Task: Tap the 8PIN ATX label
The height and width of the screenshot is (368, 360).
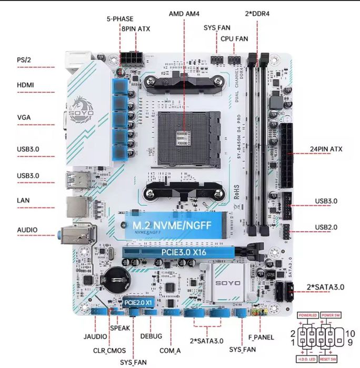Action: (135, 29)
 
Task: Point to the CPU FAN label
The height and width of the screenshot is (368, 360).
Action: (234, 38)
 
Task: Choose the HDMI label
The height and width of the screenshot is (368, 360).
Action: (26, 85)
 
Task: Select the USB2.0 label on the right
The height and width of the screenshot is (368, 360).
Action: (326, 227)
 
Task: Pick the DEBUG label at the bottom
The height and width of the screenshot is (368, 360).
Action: (151, 336)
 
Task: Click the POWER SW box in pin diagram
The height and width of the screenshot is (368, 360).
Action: (332, 315)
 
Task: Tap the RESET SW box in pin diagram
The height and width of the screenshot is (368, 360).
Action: (327, 358)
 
